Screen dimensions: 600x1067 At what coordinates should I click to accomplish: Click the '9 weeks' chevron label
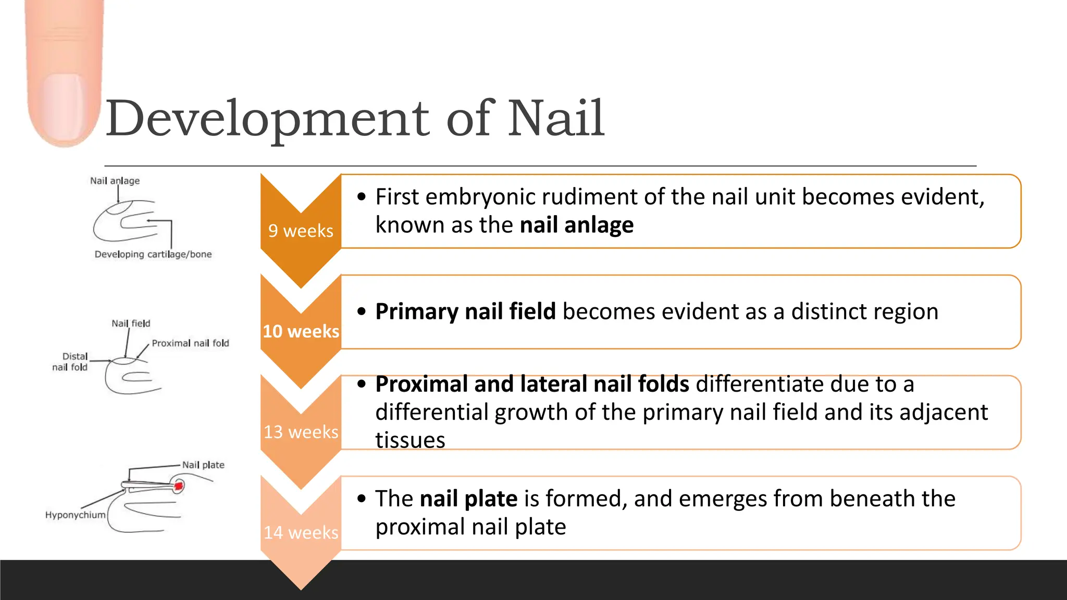point(301,231)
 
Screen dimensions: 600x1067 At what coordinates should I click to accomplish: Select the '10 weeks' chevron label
point(301,331)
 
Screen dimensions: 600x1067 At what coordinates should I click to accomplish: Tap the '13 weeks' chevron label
point(301,432)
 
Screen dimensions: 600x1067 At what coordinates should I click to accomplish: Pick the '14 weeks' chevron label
point(301,532)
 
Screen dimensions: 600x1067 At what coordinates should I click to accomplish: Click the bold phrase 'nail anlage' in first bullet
point(576,225)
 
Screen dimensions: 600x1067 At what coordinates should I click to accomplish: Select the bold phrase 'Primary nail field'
point(465,311)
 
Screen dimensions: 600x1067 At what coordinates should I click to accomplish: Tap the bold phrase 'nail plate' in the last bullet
point(468,498)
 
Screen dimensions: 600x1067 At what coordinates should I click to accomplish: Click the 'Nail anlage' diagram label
point(115,181)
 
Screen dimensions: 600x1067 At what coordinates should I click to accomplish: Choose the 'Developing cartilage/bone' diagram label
point(153,254)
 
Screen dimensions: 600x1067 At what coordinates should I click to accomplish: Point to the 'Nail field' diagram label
point(131,323)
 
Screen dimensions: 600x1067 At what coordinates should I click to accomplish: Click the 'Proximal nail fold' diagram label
point(190,343)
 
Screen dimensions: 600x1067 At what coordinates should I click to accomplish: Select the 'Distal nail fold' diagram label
point(70,361)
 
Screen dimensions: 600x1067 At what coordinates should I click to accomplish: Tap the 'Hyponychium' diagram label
point(75,515)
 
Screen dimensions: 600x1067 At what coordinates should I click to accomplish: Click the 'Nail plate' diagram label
point(203,465)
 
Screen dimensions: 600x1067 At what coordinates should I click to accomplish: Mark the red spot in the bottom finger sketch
point(178,486)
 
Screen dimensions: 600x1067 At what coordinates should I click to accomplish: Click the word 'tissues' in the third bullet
point(410,440)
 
